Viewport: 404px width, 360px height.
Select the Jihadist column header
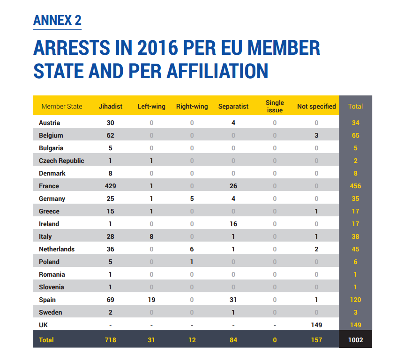coord(111,106)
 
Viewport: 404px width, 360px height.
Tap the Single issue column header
coord(275,106)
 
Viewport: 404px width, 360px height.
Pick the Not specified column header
coord(316,106)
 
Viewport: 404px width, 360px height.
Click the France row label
coord(49,186)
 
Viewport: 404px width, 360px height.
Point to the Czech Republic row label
coord(61,161)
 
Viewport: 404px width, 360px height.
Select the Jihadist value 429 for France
coord(111,186)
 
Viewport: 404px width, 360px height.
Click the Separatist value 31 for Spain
coord(233,300)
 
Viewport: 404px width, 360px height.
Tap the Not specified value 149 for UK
coord(316,325)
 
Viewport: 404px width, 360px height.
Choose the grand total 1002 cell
coord(355,340)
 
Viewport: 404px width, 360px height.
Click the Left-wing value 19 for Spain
coord(151,300)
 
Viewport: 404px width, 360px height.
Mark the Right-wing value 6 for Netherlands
coord(192,249)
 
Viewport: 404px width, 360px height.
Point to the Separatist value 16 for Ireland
coord(233,224)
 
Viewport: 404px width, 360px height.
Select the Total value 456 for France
coord(355,186)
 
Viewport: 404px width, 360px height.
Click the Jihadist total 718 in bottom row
coord(111,340)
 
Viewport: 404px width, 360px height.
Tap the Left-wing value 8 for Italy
coord(151,236)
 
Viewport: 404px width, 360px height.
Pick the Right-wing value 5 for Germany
coord(192,198)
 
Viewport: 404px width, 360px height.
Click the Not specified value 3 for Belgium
coord(316,135)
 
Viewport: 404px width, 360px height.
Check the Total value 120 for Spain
coord(355,300)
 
